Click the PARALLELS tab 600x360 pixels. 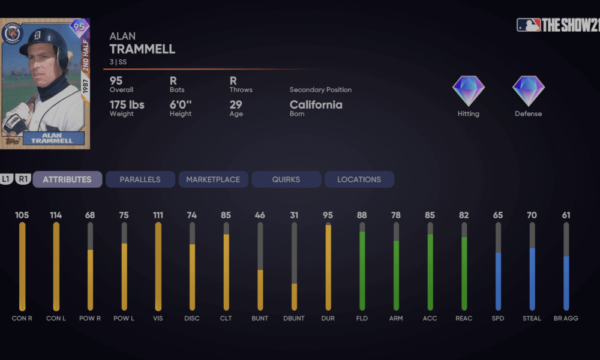pyautogui.click(x=140, y=179)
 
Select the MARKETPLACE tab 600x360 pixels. pyautogui.click(x=213, y=179)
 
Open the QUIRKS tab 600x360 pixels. pyautogui.click(x=286, y=179)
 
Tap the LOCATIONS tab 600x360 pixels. pyautogui.click(x=359, y=179)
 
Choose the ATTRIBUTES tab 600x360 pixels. pyautogui.click(x=67, y=179)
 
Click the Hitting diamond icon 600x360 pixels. pyautogui.click(x=468, y=91)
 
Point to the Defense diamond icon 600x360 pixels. pyautogui.click(x=528, y=91)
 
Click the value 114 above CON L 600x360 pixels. pyautogui.click(x=56, y=215)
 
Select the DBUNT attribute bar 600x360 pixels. pyautogui.click(x=294, y=266)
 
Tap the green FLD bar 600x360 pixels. pyautogui.click(x=362, y=271)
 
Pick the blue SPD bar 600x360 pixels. pyautogui.click(x=498, y=281)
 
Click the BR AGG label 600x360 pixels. pyautogui.click(x=566, y=319)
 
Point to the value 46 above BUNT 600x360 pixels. pyautogui.click(x=260, y=215)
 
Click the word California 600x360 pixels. pyautogui.click(x=316, y=105)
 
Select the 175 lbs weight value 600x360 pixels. pyautogui.click(x=127, y=105)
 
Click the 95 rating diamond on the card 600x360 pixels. pyautogui.click(x=79, y=28)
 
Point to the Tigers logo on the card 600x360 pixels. pyautogui.click(x=12, y=34)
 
